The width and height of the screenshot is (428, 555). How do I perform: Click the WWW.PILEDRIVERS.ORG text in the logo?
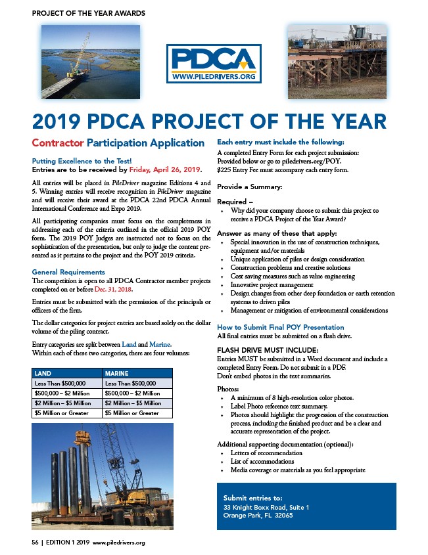[214, 77]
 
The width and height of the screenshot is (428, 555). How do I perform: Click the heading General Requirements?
[68, 272]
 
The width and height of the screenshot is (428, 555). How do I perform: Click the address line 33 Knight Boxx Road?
[266, 507]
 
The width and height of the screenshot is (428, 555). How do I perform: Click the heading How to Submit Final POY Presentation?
[280, 326]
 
